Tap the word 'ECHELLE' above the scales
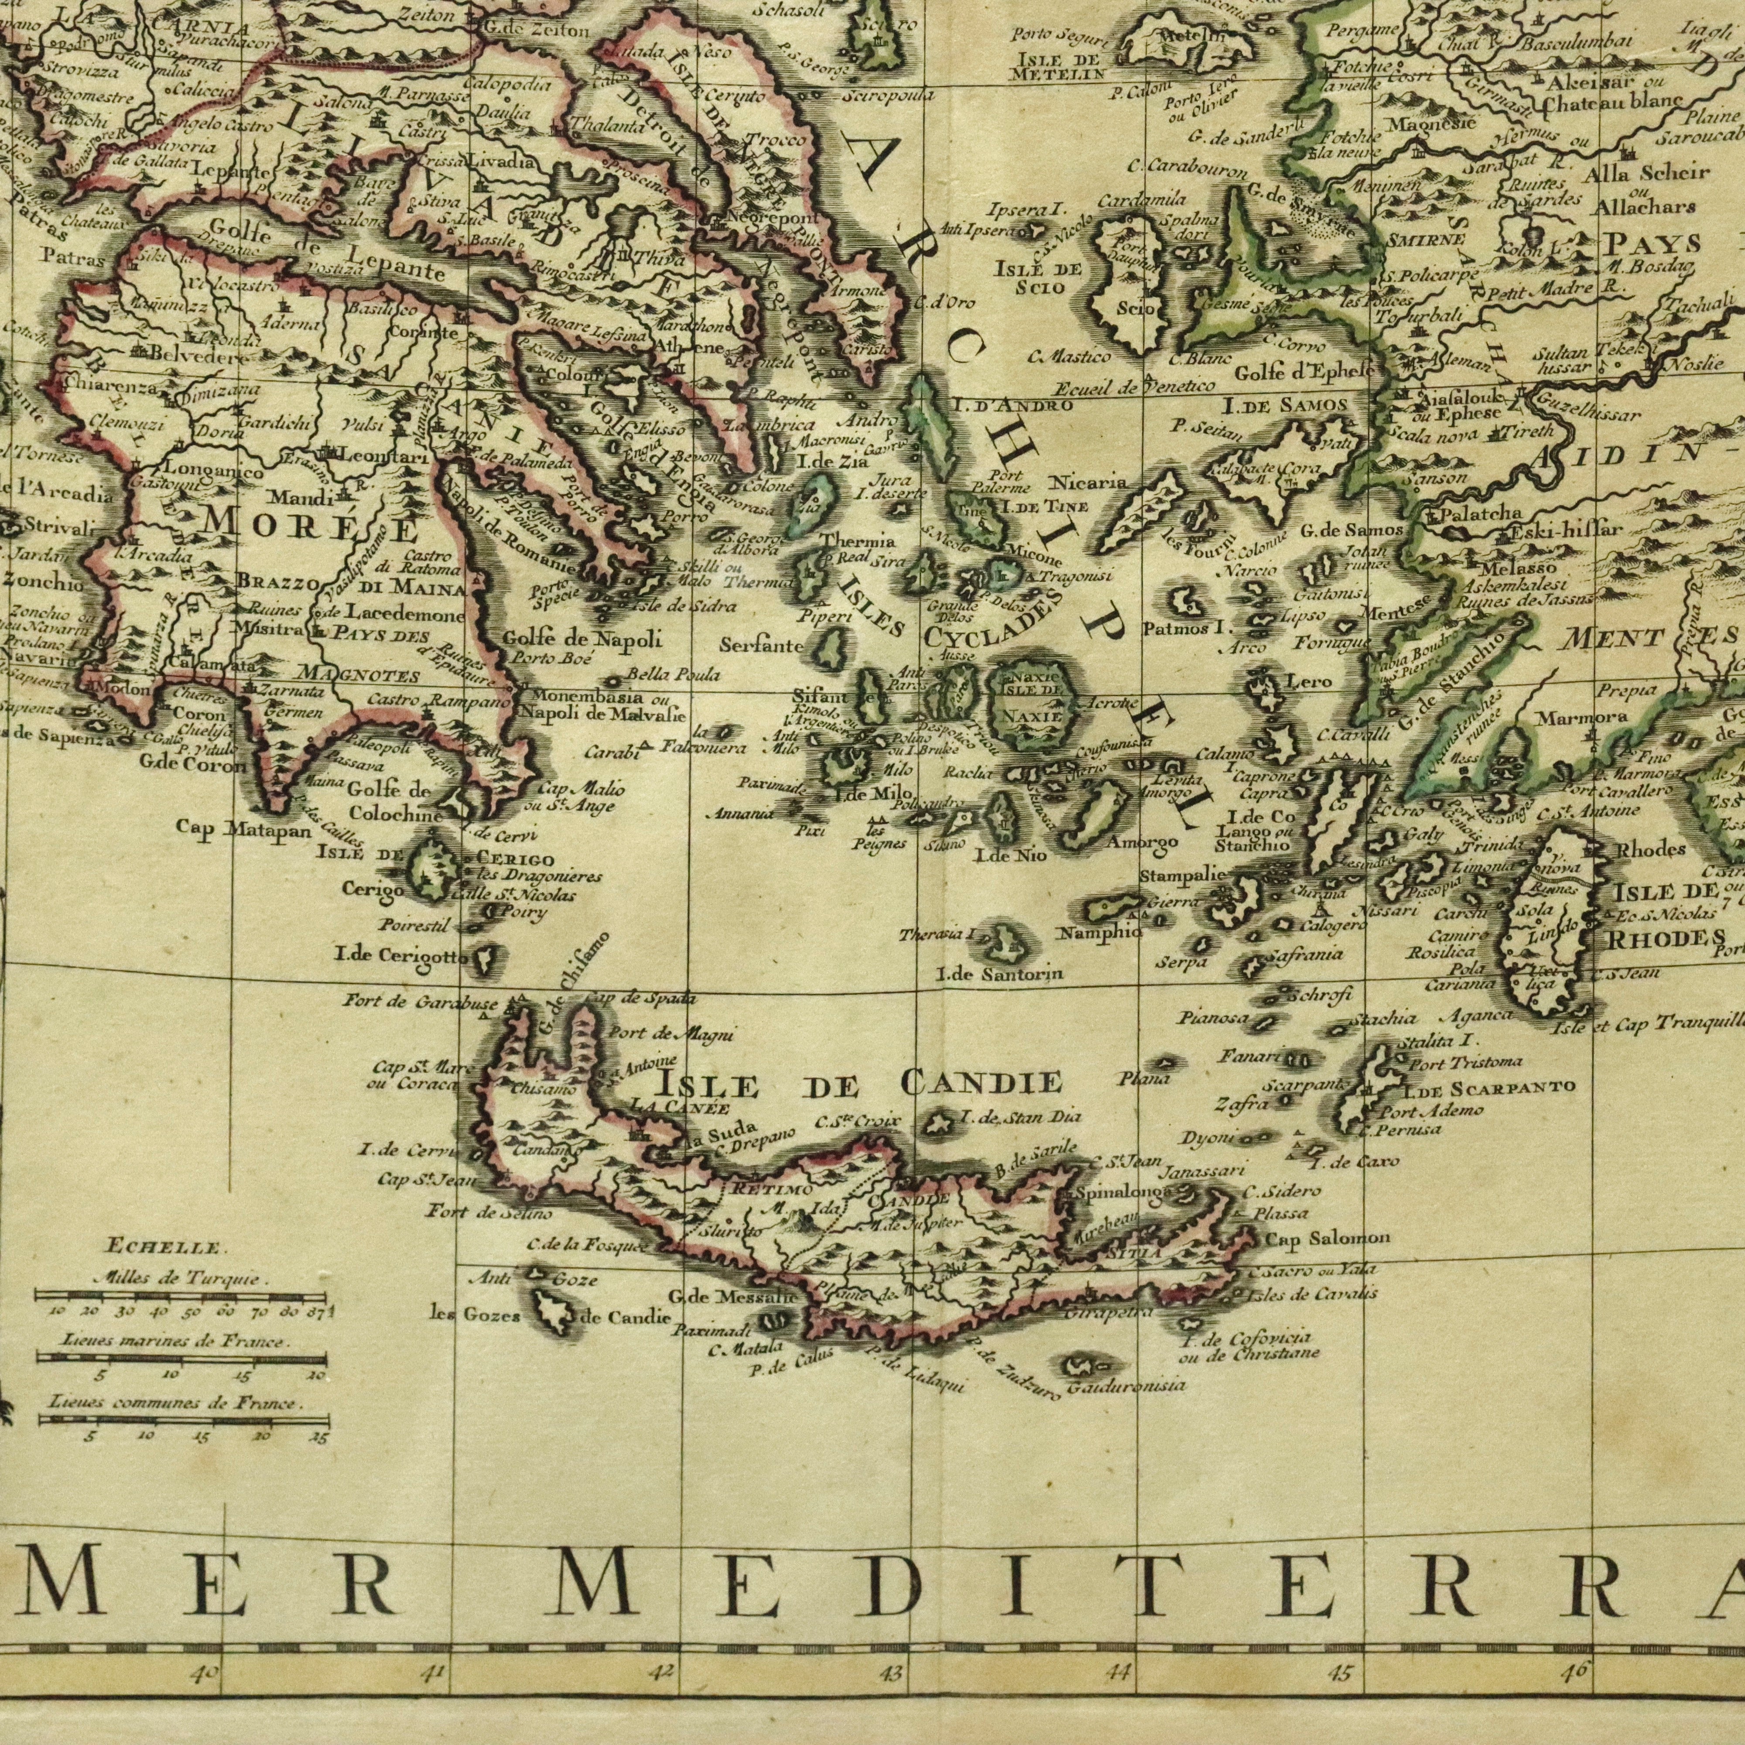pos(163,1249)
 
